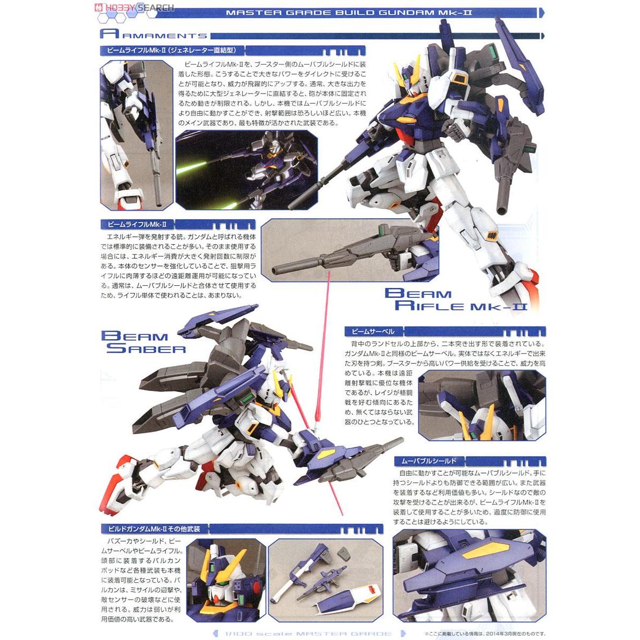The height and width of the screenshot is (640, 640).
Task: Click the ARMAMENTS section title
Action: coord(154,35)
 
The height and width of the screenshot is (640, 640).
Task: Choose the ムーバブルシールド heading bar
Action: coord(421,460)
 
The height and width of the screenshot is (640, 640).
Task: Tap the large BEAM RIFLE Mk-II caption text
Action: coord(457,299)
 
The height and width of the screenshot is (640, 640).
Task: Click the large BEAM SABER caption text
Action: coord(143,342)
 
